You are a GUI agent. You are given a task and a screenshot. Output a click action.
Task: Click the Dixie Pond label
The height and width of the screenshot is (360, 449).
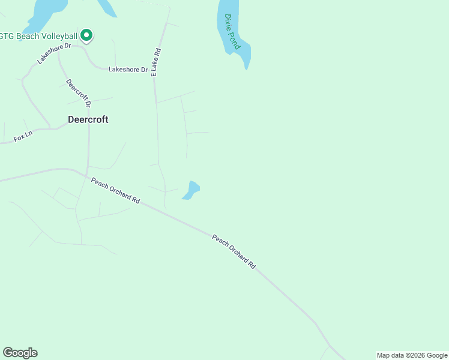pyautogui.click(x=232, y=32)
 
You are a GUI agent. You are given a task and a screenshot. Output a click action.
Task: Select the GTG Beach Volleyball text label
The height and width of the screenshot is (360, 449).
pyautogui.click(x=40, y=36)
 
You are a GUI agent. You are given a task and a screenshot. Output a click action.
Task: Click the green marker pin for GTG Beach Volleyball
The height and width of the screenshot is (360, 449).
pyautogui.click(x=86, y=36)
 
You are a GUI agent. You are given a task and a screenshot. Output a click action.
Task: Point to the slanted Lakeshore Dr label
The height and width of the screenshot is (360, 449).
pyautogui.click(x=54, y=53)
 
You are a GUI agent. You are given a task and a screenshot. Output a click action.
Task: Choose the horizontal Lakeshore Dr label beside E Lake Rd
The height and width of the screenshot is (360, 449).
pyautogui.click(x=127, y=70)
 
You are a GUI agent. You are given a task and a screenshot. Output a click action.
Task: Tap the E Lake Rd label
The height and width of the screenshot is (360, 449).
pyautogui.click(x=156, y=62)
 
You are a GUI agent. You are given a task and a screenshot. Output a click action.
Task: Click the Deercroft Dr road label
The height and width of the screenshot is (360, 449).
pyautogui.click(x=78, y=93)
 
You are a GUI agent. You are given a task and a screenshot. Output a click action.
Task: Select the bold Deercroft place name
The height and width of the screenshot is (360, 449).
pyautogui.click(x=88, y=119)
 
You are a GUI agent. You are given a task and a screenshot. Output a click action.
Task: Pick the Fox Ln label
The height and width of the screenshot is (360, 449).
pyautogui.click(x=22, y=139)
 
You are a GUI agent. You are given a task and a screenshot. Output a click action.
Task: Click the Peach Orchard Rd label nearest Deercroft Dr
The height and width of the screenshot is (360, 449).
pyautogui.click(x=115, y=191)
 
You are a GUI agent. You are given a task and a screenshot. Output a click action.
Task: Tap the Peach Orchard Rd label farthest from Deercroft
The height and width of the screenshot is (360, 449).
pyautogui.click(x=234, y=251)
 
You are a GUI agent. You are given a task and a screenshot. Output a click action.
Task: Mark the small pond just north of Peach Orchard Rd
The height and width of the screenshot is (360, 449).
pyautogui.click(x=191, y=190)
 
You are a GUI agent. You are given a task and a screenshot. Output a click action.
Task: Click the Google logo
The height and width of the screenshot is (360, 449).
pyautogui.click(x=20, y=353)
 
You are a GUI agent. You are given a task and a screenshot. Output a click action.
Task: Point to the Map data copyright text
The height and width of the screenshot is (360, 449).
pyautogui.click(x=412, y=355)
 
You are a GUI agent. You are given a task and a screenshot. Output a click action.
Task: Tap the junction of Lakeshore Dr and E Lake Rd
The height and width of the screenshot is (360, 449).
pyautogui.click(x=154, y=70)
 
